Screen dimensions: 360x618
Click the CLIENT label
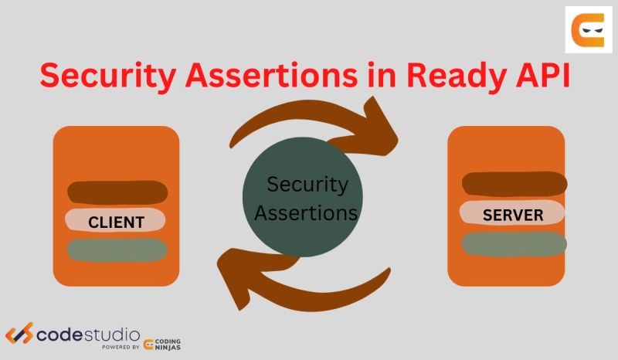(x=116, y=222)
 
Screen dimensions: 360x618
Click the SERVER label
(x=513, y=214)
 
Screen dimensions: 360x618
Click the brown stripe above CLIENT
(x=117, y=192)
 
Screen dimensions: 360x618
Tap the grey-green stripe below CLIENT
(x=117, y=250)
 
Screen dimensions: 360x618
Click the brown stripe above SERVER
(x=514, y=184)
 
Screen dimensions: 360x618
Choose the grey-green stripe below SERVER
(x=514, y=243)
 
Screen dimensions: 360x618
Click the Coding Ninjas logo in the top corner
(x=588, y=29)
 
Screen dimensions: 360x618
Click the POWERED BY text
(x=120, y=348)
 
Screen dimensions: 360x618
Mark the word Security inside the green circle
(x=307, y=185)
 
